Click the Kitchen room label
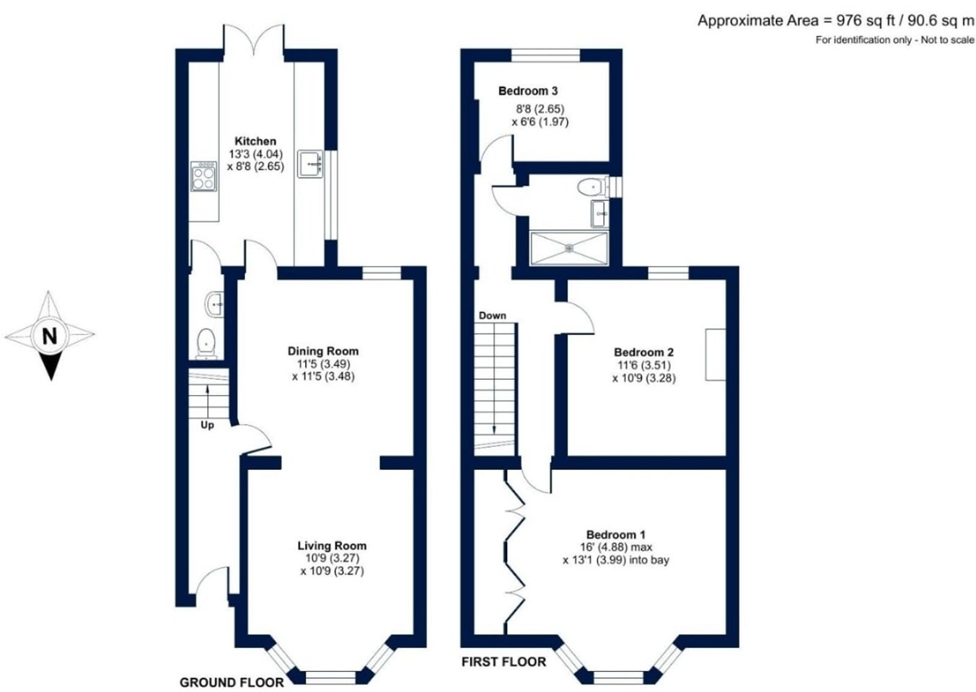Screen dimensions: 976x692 255,141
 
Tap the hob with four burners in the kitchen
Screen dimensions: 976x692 203,176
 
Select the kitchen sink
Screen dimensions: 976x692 310,164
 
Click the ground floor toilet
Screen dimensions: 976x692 206,344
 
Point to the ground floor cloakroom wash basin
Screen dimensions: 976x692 214,304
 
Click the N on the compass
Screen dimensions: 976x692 50,336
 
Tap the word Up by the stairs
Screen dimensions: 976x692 208,425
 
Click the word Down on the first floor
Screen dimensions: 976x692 493,315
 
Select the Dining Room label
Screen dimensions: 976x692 323,351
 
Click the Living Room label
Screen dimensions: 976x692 332,546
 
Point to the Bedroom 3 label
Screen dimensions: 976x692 528,91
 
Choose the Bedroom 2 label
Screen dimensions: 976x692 644,352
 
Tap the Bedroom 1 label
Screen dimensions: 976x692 616,535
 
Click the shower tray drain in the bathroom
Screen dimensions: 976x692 569,248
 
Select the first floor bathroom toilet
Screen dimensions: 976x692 594,187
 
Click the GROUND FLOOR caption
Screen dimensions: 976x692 232,683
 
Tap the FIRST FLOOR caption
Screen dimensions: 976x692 504,662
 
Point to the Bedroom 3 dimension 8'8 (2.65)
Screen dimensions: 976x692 540,108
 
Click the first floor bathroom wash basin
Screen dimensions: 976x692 600,213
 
